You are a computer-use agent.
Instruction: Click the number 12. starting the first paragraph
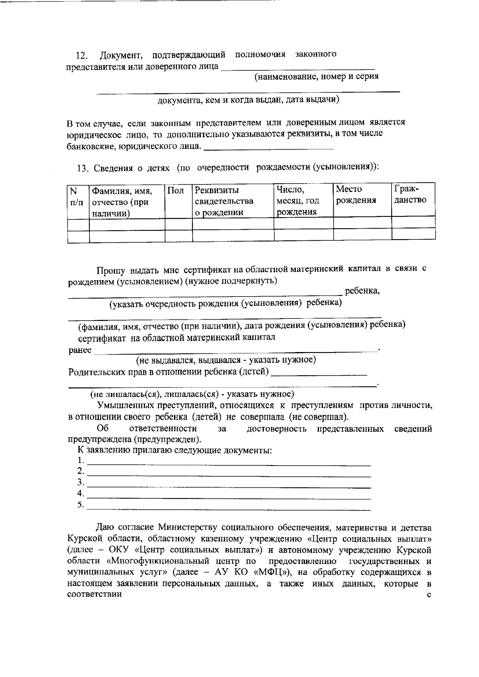click(x=82, y=55)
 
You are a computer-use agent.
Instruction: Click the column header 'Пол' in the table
click(x=176, y=191)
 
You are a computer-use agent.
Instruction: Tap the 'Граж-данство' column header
click(x=410, y=194)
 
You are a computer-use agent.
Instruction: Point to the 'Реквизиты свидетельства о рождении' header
click(x=224, y=201)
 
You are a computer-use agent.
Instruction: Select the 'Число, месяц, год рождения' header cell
click(x=297, y=200)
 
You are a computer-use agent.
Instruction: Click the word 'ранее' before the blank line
click(x=80, y=350)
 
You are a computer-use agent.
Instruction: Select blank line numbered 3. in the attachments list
click(x=229, y=485)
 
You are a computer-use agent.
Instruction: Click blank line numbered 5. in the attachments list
click(x=229, y=508)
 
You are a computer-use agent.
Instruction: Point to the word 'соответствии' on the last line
click(x=95, y=594)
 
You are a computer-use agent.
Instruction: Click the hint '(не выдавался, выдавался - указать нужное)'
click(x=226, y=360)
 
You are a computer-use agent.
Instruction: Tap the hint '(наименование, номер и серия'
click(x=317, y=77)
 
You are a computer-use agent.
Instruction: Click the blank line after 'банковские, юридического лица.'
click(x=268, y=148)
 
